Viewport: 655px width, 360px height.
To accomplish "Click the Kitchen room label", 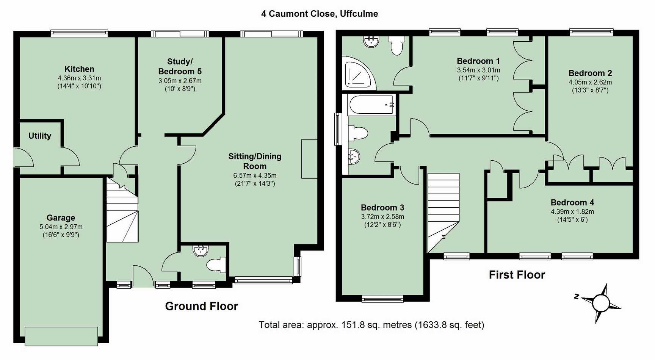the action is (79, 69).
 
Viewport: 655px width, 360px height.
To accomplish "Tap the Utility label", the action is (40, 136).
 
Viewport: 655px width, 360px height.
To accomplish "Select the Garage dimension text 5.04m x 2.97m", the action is (61, 227).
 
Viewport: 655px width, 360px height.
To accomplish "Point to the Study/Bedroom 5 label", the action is (180, 66).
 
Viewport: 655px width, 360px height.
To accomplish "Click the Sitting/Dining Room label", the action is (255, 161).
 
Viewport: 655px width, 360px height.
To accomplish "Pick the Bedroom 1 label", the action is (478, 61).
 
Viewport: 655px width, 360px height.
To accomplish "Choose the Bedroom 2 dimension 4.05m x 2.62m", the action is (590, 82).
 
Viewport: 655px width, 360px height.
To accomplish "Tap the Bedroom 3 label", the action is (382, 208).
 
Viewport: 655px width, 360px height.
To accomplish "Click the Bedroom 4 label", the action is (572, 202).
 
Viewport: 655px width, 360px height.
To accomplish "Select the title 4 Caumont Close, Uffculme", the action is (320, 14).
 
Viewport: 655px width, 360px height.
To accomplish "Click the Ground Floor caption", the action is (202, 306).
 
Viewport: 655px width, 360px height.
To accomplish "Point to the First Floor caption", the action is (517, 275).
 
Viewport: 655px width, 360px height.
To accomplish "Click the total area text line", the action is (371, 325).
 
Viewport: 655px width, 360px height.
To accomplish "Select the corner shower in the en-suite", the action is (358, 73).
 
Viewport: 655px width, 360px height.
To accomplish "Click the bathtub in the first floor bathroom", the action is (372, 105).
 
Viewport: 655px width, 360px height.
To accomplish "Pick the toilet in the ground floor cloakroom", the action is (216, 265).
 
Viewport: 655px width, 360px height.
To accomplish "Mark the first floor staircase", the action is (443, 213).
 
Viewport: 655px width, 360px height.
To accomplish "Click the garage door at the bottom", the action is (61, 336).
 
